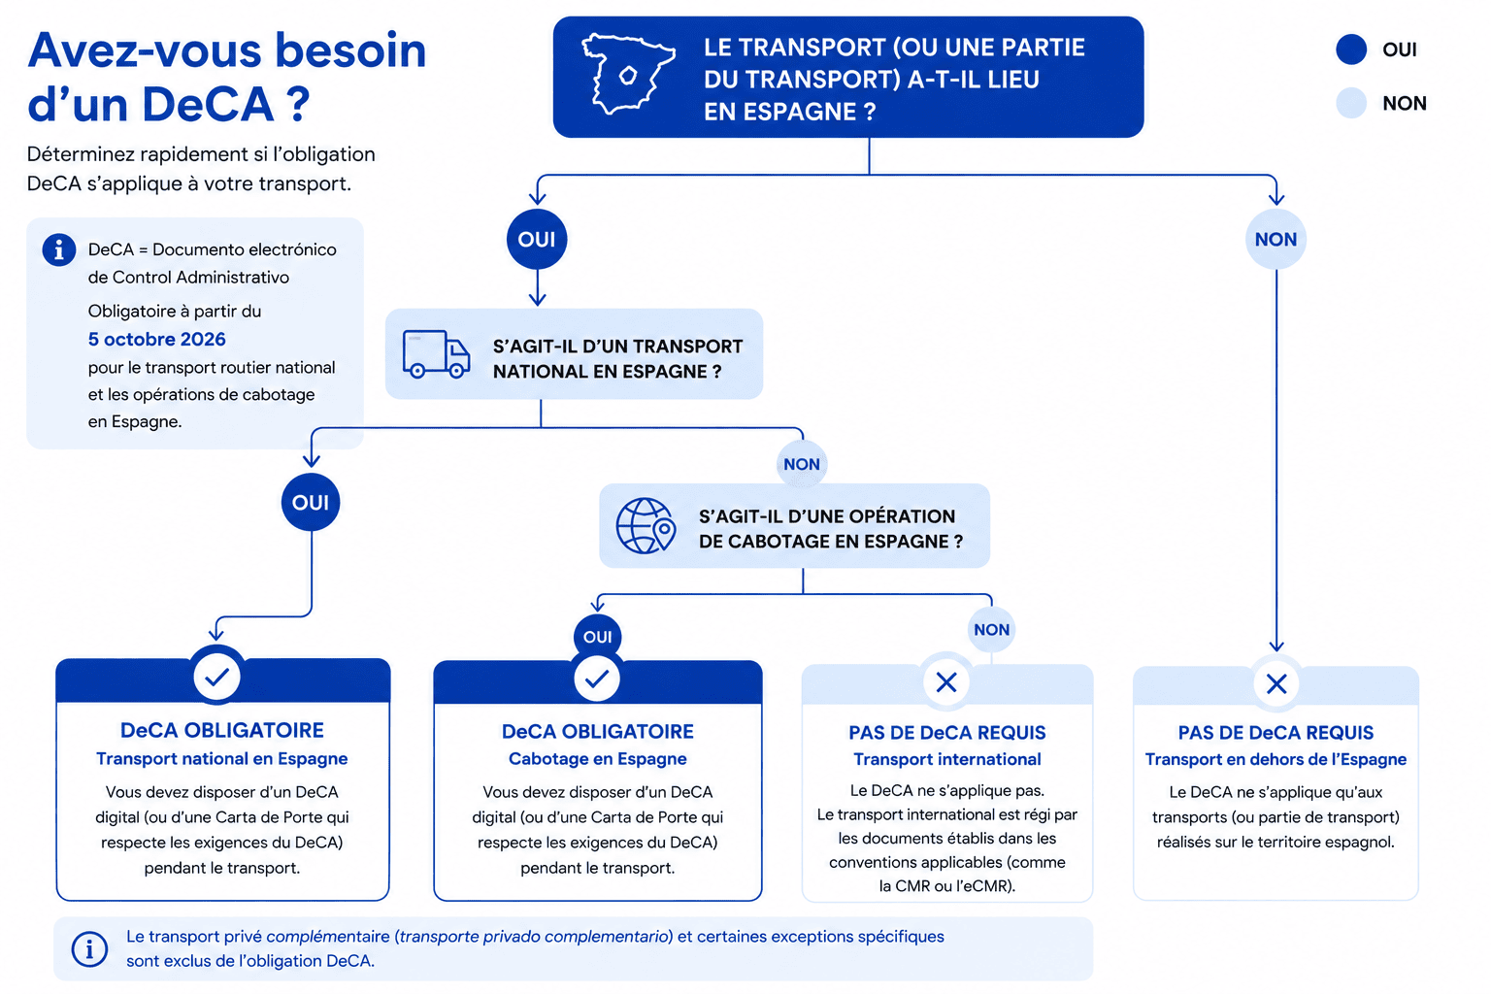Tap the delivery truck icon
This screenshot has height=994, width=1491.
point(436,354)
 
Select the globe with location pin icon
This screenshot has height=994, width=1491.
point(646,526)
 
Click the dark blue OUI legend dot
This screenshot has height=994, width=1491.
point(1351,50)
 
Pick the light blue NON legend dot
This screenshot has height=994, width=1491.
point(1351,103)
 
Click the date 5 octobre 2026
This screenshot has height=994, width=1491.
point(157,339)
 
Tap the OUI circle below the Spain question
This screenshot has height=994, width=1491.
point(537,239)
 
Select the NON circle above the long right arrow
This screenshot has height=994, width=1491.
point(1276,239)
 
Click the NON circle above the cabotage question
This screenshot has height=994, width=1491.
point(802,464)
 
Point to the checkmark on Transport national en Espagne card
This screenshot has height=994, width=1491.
point(217,678)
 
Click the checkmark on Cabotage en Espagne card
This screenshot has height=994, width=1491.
point(597,679)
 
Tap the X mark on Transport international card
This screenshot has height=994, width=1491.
point(946,681)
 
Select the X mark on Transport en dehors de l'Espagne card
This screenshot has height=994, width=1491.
point(1276,683)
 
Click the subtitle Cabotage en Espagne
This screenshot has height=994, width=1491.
point(598,759)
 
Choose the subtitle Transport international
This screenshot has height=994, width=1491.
point(947,760)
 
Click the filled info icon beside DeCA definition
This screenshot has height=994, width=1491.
point(59,250)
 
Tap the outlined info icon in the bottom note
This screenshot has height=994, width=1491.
point(90,948)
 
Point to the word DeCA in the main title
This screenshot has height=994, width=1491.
point(208,105)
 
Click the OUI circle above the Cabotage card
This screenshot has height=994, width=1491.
point(598,637)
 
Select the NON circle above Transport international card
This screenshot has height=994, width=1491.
point(992,630)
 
